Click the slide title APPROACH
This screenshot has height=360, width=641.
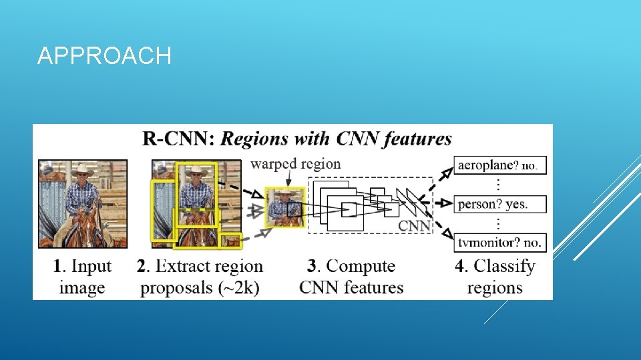(x=104, y=56)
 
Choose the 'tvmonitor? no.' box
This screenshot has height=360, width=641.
(x=499, y=242)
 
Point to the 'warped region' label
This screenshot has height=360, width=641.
(x=295, y=163)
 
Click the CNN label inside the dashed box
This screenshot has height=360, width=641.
(x=415, y=225)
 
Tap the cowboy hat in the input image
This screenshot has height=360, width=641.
(x=82, y=169)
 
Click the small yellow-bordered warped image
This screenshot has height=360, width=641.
(x=285, y=207)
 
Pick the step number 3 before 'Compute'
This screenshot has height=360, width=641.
(x=312, y=266)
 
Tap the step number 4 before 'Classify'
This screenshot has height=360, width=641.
(x=461, y=266)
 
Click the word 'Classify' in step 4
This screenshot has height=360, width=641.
(x=505, y=267)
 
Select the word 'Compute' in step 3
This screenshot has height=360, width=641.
(x=361, y=266)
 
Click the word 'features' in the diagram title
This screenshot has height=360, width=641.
(x=413, y=139)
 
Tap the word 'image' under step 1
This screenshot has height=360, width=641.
(x=82, y=288)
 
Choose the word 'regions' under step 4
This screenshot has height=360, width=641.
(x=495, y=288)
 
